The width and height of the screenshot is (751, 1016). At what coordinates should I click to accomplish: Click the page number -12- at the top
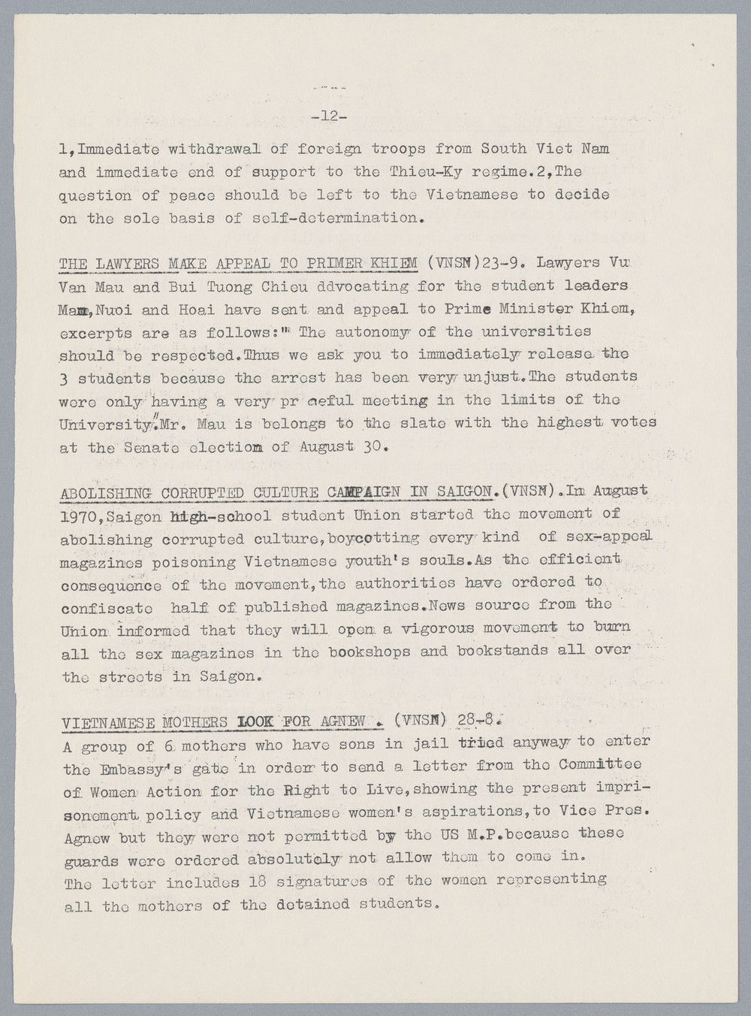(x=328, y=116)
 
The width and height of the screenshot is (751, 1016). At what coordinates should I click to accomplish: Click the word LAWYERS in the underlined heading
(x=128, y=264)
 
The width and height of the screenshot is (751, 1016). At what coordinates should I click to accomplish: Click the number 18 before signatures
(x=258, y=881)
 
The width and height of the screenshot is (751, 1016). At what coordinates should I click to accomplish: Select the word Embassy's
(x=137, y=769)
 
